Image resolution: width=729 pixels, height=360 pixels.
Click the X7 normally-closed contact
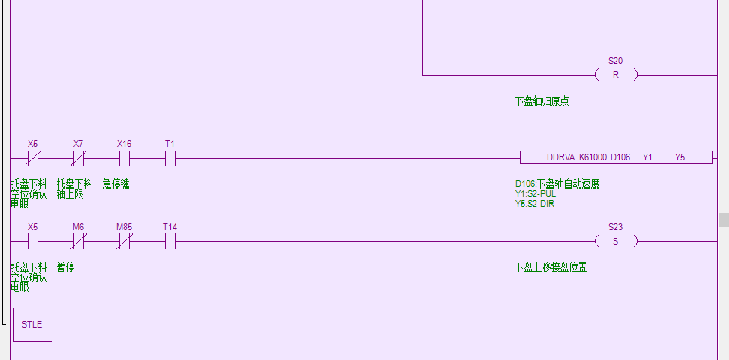pos(78,158)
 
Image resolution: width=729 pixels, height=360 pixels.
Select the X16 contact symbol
pos(124,158)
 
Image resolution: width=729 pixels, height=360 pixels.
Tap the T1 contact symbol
pos(169,158)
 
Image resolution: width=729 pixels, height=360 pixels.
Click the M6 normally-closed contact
pos(78,241)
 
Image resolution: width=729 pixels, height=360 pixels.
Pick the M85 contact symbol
pos(124,241)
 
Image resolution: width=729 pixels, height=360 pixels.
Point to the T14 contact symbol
pos(169,241)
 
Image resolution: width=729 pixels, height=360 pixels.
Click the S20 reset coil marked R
pos(616,75)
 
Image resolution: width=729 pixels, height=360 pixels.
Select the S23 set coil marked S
pos(616,241)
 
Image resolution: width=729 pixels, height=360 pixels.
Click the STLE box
pos(33,325)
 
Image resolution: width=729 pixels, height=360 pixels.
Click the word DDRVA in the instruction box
pos(559,157)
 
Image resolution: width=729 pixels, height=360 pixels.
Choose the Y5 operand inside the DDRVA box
pos(680,157)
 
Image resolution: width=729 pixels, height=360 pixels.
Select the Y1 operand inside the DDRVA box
pos(648,157)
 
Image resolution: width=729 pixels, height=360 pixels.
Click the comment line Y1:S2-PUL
pos(535,193)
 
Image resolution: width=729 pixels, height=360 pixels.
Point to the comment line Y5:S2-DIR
pos(535,203)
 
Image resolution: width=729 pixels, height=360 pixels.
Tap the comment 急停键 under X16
pos(115,184)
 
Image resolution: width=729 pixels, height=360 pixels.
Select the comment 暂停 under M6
pos(65,266)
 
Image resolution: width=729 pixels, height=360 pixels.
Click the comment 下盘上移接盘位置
pos(550,266)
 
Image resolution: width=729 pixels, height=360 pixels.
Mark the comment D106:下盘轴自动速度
pos(556,184)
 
